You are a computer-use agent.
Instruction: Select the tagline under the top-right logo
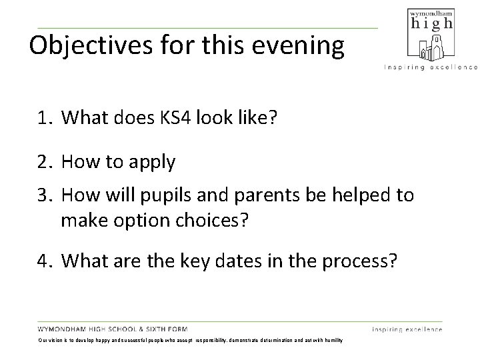430,67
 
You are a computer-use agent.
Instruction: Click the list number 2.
44,163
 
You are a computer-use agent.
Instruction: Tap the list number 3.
44,195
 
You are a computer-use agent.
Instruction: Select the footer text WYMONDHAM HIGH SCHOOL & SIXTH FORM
113,329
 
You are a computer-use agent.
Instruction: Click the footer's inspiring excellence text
407,329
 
